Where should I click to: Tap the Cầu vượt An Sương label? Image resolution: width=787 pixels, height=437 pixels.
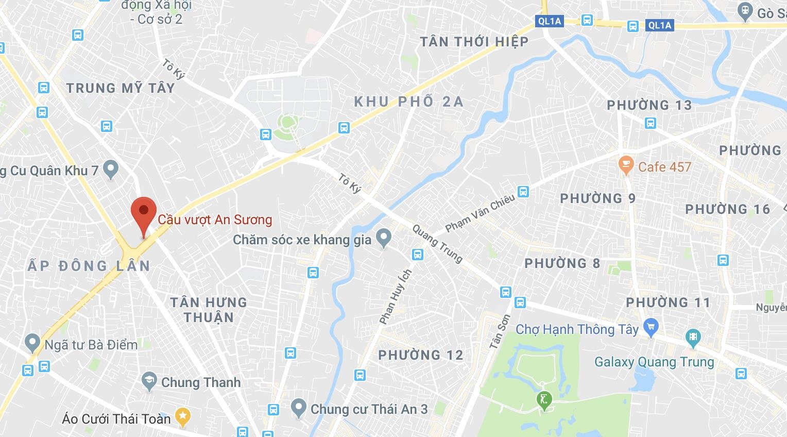(x=215, y=220)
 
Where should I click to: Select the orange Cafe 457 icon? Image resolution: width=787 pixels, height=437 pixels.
(x=626, y=165)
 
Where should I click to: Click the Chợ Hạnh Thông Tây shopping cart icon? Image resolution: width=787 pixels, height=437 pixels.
(x=652, y=326)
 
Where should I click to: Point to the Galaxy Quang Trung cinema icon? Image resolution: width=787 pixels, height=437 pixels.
(x=694, y=338)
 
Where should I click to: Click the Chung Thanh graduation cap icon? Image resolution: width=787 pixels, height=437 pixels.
(x=149, y=381)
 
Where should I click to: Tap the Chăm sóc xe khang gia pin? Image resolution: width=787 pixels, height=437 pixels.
(x=383, y=238)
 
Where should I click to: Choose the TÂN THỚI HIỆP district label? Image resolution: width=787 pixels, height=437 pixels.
(x=474, y=42)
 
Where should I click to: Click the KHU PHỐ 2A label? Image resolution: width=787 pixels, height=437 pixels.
(x=409, y=102)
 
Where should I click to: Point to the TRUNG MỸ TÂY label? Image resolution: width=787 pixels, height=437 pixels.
(x=121, y=88)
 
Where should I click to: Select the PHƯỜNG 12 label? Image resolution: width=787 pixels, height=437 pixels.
(x=421, y=355)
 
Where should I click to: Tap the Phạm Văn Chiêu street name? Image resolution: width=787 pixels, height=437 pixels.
(x=480, y=213)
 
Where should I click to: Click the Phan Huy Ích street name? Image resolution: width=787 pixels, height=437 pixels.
(x=396, y=297)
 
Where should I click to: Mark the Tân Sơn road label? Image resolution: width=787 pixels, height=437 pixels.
(x=500, y=332)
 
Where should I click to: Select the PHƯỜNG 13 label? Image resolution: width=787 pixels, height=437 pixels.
(x=649, y=105)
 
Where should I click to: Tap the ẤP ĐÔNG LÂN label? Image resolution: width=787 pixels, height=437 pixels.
(x=89, y=266)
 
